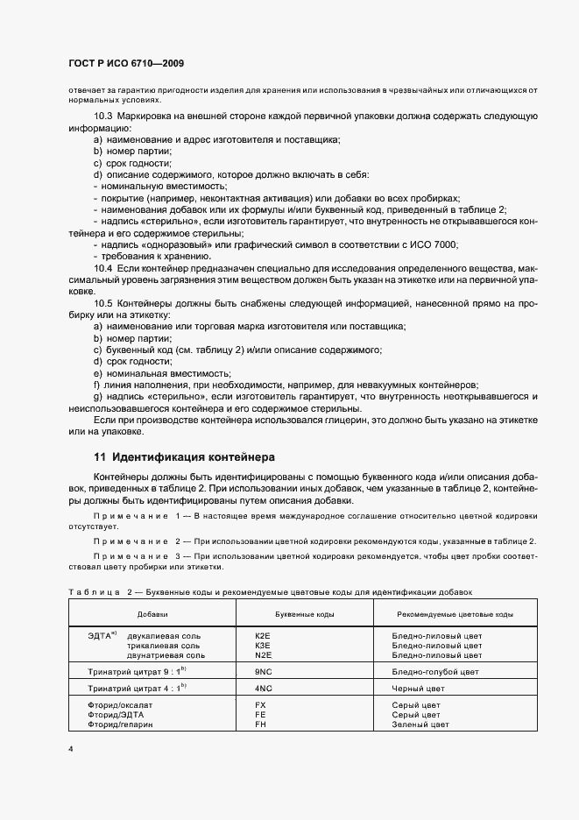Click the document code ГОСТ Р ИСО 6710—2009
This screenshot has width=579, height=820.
[x=125, y=64]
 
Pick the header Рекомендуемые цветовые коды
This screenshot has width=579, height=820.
[x=455, y=614]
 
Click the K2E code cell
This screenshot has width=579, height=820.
[x=264, y=635]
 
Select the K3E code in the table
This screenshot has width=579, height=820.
[x=264, y=645]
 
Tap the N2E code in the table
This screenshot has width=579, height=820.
[x=264, y=654]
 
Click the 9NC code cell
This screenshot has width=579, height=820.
[x=264, y=672]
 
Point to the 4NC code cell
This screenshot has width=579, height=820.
[x=264, y=689]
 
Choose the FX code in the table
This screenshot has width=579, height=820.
[x=260, y=705]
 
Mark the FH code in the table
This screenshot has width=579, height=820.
[x=260, y=725]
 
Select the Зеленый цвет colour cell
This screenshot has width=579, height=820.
[x=421, y=725]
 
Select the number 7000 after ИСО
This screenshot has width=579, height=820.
[x=444, y=244]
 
